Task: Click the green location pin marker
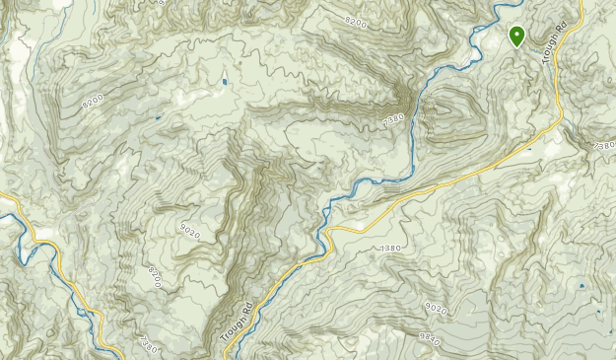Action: [516, 36]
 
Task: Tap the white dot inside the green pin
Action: [516, 34]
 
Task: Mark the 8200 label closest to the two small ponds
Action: [93, 100]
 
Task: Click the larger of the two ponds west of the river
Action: [224, 80]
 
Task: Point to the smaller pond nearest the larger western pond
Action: [158, 117]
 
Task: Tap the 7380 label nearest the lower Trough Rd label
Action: [148, 344]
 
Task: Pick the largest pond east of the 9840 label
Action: [581, 286]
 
